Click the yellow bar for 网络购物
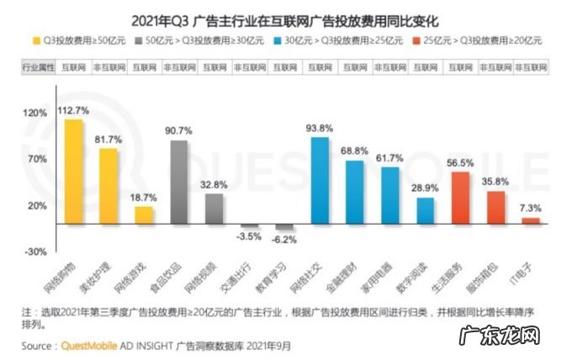[x=74, y=172]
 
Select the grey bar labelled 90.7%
[x=179, y=182]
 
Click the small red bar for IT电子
[x=530, y=220]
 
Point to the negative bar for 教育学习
[x=284, y=227]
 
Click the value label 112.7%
[x=73, y=109]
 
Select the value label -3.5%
[x=250, y=237]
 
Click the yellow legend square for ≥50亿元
[x=39, y=40]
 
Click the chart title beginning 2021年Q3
[x=285, y=17]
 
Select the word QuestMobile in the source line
[x=90, y=346]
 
